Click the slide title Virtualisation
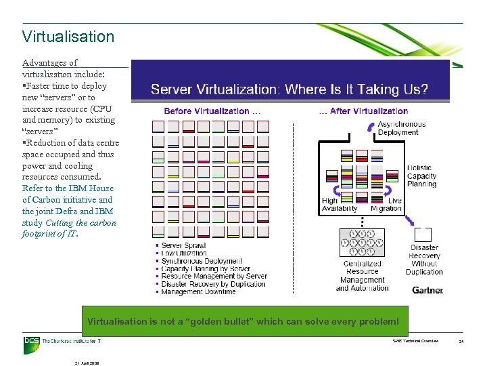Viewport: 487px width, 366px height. pos(68,36)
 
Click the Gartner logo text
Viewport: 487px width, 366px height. pos(427,290)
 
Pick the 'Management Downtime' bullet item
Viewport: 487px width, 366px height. pos(198,291)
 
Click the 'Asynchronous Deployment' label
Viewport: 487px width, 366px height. pos(402,128)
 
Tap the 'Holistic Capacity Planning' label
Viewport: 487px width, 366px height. pos(421,176)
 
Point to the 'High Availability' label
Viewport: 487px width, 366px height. pos(339,205)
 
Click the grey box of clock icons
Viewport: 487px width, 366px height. pos(361,243)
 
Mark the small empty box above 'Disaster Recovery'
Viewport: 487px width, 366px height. pos(423,235)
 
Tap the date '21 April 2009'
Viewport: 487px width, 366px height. pos(87,363)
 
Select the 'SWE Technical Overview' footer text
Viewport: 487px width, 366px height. pos(415,341)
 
